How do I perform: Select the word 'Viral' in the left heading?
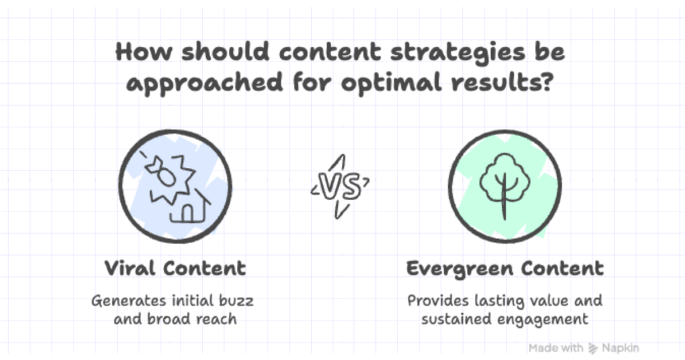click(x=130, y=268)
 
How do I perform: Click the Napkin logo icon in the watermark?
click(x=593, y=348)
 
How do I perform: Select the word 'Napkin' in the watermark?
click(x=619, y=348)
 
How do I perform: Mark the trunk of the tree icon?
click(x=505, y=204)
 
